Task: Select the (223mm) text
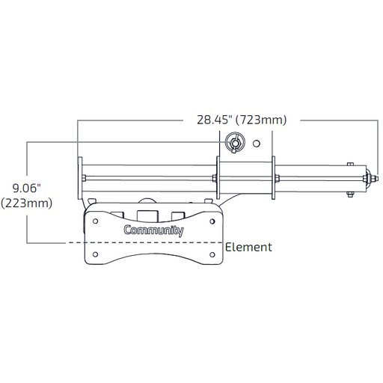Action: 27,203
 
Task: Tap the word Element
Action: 248,246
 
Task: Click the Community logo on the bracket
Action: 153,231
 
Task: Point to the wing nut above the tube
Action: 234,143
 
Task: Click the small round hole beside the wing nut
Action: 257,142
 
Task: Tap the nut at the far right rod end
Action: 371,178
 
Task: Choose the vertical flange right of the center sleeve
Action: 275,178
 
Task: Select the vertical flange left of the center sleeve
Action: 218,178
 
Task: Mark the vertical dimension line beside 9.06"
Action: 27,157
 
